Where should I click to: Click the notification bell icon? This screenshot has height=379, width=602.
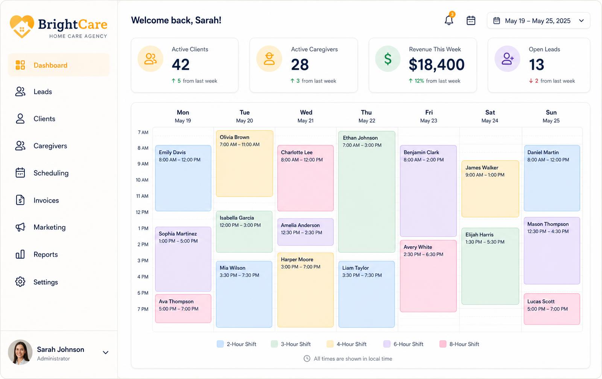(x=449, y=20)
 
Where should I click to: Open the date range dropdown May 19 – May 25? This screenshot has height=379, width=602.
(x=538, y=21)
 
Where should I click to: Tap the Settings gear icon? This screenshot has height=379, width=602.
(x=20, y=282)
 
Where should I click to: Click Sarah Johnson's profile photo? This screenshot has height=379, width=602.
(x=20, y=352)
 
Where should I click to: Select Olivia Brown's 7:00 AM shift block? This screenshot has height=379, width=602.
(x=244, y=164)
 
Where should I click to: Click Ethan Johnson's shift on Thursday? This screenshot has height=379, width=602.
(x=366, y=192)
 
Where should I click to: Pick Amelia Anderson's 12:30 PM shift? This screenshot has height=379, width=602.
(x=305, y=232)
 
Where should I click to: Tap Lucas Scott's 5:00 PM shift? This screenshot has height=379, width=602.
(x=552, y=309)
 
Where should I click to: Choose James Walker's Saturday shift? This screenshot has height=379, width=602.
(x=490, y=189)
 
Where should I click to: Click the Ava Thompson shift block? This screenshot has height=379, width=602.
(x=183, y=308)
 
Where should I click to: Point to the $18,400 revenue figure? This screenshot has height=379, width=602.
(x=436, y=64)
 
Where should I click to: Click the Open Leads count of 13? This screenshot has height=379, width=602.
(x=537, y=65)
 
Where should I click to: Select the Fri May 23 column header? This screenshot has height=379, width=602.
(x=429, y=116)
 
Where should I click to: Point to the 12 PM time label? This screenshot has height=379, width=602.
(x=142, y=212)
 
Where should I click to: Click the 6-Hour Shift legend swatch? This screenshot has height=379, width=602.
(x=387, y=344)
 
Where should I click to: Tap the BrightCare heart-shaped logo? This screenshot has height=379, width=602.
(x=22, y=26)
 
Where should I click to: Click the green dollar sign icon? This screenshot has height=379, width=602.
(x=388, y=59)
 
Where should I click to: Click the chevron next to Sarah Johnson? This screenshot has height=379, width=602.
(x=106, y=352)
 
